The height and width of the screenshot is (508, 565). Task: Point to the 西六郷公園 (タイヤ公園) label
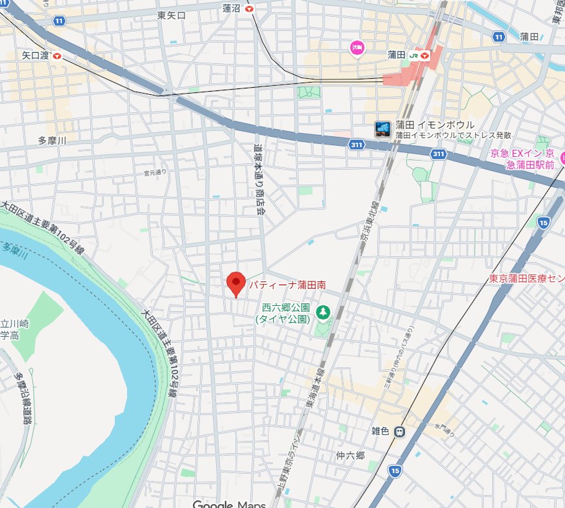(284, 313)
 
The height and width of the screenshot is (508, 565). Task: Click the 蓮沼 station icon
(249, 8)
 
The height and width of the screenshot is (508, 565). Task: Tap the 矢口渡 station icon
(58, 56)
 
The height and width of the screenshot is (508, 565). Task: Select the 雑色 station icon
(400, 431)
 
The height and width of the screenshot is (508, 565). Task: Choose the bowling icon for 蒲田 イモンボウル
(382, 129)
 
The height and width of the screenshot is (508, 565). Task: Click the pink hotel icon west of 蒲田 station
(357, 47)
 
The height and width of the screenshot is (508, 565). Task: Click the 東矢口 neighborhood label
(171, 15)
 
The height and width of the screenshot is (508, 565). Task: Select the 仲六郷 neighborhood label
(350, 456)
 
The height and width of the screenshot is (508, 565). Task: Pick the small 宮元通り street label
(155, 172)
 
